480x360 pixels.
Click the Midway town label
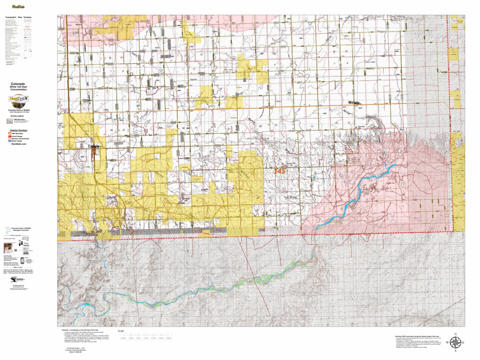click(354, 102)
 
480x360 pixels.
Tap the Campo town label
click(93, 146)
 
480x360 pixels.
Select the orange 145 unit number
click(280, 171)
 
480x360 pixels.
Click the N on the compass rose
click(455, 334)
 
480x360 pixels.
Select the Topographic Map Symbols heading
click(18, 17)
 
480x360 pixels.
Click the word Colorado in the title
click(18, 84)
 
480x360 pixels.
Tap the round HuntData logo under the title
click(18, 103)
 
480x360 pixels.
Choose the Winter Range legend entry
click(18, 141)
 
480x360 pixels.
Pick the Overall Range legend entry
click(17, 136)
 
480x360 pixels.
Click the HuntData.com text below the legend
click(18, 144)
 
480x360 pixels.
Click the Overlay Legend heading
click(18, 117)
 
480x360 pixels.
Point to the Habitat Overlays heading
click(18, 130)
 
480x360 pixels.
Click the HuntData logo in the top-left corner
click(18, 7)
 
